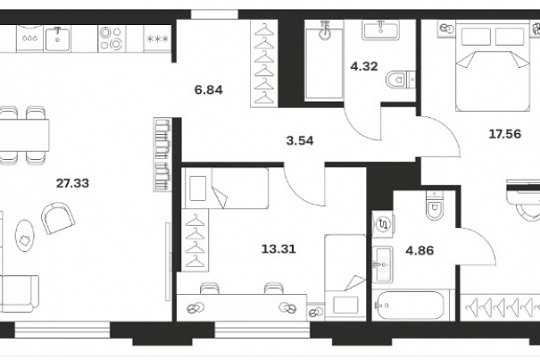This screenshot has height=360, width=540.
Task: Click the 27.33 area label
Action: (72, 183)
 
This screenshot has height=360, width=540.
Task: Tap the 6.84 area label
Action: (208, 90)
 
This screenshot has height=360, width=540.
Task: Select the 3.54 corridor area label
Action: (300, 140)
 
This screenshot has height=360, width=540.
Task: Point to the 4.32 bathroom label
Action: (364, 66)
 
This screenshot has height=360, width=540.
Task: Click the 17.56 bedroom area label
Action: (505, 133)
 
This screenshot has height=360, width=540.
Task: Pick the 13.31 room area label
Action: (278, 248)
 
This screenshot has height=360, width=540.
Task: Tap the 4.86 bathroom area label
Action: (420, 250)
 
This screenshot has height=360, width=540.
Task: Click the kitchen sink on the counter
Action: (57, 38)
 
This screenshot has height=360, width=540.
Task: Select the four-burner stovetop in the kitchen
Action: (111, 38)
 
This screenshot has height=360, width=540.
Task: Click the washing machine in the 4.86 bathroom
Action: (383, 224)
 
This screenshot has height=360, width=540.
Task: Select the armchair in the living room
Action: (58, 218)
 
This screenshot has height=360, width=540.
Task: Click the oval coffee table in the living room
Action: (25, 235)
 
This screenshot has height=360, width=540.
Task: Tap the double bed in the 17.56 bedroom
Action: (493, 65)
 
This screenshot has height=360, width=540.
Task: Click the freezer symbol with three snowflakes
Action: (158, 39)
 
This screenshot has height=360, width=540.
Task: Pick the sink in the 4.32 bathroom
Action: (380, 29)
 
